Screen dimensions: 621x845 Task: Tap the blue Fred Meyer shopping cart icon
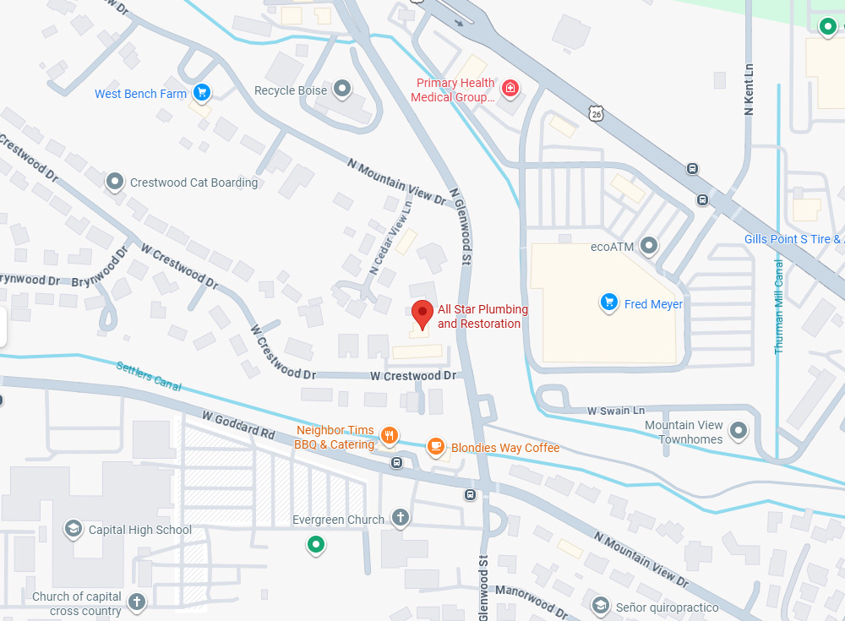pos(608,302)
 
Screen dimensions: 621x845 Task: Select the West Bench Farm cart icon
pos(201,92)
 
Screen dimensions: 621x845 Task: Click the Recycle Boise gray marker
pos(342,88)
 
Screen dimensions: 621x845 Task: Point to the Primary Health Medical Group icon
pos(510,88)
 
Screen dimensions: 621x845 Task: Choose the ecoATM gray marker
pos(648,246)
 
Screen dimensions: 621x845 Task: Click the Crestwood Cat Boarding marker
pos(114,182)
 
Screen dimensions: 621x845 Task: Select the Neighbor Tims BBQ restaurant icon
pos(389,436)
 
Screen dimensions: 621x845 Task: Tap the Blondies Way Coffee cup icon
pos(436,445)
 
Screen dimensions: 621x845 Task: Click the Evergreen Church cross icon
pos(401,517)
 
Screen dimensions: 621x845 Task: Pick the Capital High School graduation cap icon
pos(73,529)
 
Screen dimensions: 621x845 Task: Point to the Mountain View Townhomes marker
pos(739,431)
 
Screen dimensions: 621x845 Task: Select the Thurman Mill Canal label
pos(778,307)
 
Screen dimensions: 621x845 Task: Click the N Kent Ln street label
pos(748,88)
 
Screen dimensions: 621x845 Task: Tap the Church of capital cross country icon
pos(136,602)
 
